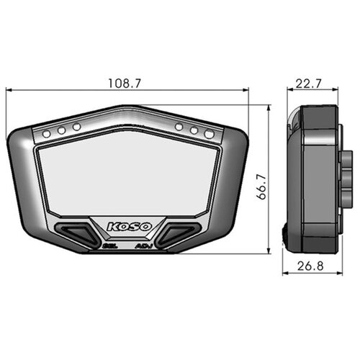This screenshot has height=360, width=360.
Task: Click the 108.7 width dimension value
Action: pos(124,83)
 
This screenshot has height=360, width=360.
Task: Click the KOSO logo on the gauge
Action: pos(130,227)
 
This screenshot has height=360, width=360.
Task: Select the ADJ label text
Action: pos(144,246)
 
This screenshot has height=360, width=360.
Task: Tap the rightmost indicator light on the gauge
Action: pos(210,133)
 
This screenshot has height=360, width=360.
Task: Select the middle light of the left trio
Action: pos(61,130)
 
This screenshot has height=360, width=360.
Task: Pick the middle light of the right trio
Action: pos(194,130)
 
